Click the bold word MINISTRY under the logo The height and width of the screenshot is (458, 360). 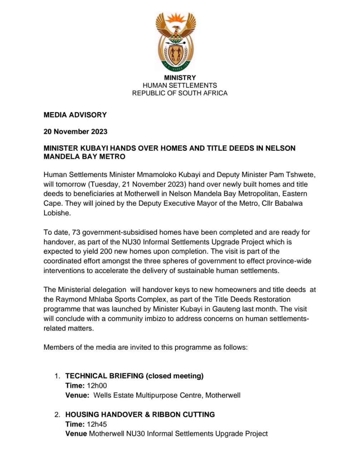[180, 78]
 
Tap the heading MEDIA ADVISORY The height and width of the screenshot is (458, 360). [75, 115]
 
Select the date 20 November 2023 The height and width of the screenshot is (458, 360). [75, 131]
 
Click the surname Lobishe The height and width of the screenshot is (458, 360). [57, 213]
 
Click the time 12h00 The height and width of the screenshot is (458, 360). [97, 386]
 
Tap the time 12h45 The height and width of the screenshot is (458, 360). [97, 424]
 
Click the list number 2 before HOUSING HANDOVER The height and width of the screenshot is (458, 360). [57, 415]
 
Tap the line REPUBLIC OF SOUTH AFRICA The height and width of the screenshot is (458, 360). [180, 93]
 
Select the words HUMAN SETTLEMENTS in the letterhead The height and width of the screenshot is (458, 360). [180, 86]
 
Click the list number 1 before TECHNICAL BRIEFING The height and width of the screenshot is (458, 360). [57, 376]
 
